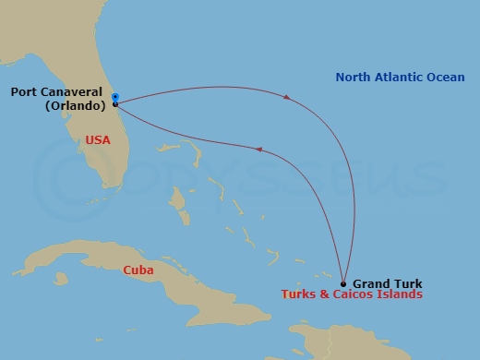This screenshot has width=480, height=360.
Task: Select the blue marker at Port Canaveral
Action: (114, 97)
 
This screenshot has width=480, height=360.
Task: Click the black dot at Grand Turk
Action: (343, 283)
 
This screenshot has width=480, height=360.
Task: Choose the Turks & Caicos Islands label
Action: (352, 295)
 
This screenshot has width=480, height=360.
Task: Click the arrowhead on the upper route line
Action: (288, 95)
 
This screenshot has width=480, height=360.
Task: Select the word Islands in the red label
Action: (402, 295)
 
